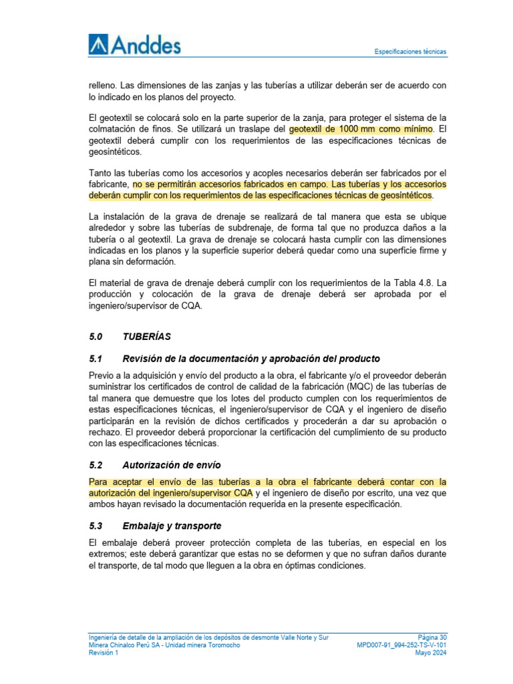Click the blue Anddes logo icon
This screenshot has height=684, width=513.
click(98, 45)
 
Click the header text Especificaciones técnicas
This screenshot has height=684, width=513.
click(410, 51)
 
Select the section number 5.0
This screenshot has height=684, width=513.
click(97, 337)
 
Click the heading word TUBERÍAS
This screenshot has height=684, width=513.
click(146, 337)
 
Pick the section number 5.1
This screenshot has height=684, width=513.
click(97, 359)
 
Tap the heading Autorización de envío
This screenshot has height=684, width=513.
click(172, 465)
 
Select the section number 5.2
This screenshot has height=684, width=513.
click(97, 465)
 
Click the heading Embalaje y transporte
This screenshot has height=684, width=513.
click(172, 526)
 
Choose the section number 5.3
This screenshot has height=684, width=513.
click(97, 526)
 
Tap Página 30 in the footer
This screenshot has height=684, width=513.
click(432, 637)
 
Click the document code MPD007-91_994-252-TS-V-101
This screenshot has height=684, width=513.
click(402, 645)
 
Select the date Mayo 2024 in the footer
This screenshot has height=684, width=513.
click(430, 653)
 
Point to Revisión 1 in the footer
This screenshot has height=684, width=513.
click(104, 653)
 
